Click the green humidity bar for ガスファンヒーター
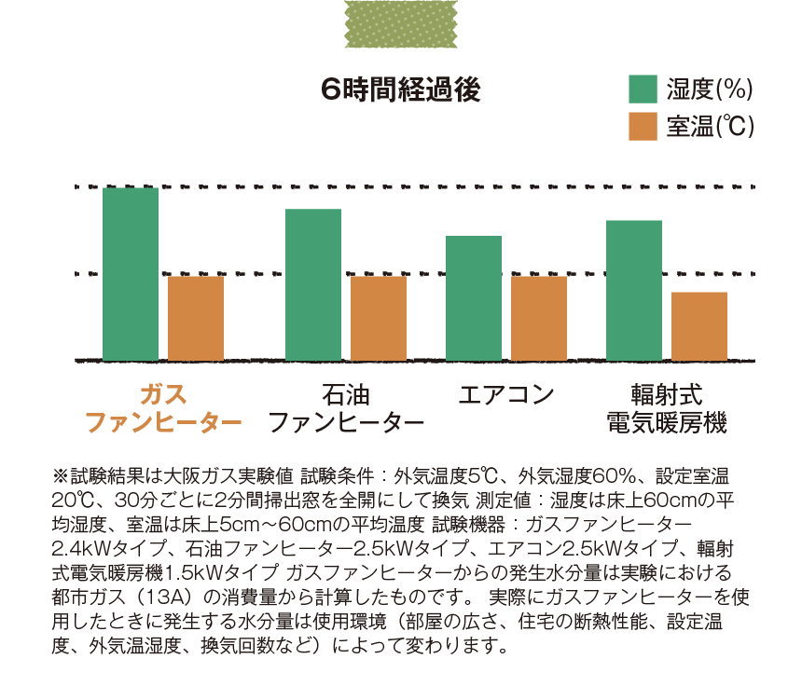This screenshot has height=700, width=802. tap(131, 274)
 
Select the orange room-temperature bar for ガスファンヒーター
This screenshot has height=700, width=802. tap(196, 318)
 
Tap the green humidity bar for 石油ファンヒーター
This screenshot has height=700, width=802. tap(313, 284)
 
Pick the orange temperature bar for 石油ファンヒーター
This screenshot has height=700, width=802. tap(379, 318)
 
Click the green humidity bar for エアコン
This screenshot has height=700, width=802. tap(474, 297)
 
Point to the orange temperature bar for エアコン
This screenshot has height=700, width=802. tap(539, 318)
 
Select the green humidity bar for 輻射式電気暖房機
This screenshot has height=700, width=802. tap(634, 290)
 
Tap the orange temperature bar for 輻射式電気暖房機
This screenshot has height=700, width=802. tap(699, 325)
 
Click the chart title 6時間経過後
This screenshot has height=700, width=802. tap(399, 89)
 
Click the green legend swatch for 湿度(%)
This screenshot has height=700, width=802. tap(643, 89)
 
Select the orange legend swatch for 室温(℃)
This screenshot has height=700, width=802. tap(643, 126)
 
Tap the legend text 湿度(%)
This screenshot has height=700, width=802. tap(709, 89)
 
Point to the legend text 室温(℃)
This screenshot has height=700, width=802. tap(709, 126)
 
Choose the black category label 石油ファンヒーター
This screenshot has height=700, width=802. tap(346, 408)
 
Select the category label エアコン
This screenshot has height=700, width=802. tap(506, 393)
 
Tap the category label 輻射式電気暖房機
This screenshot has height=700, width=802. tap(666, 408)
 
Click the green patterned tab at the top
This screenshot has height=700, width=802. tap(401, 22)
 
